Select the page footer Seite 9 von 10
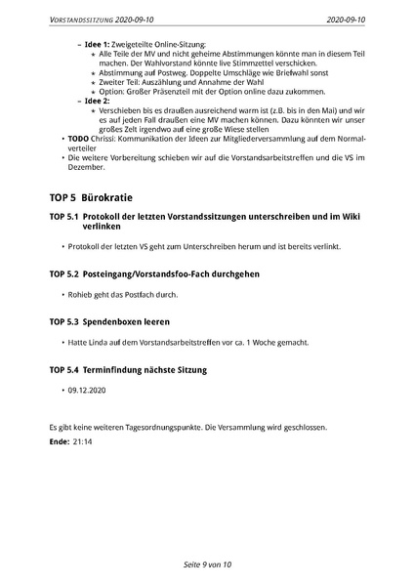click(x=207, y=565)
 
